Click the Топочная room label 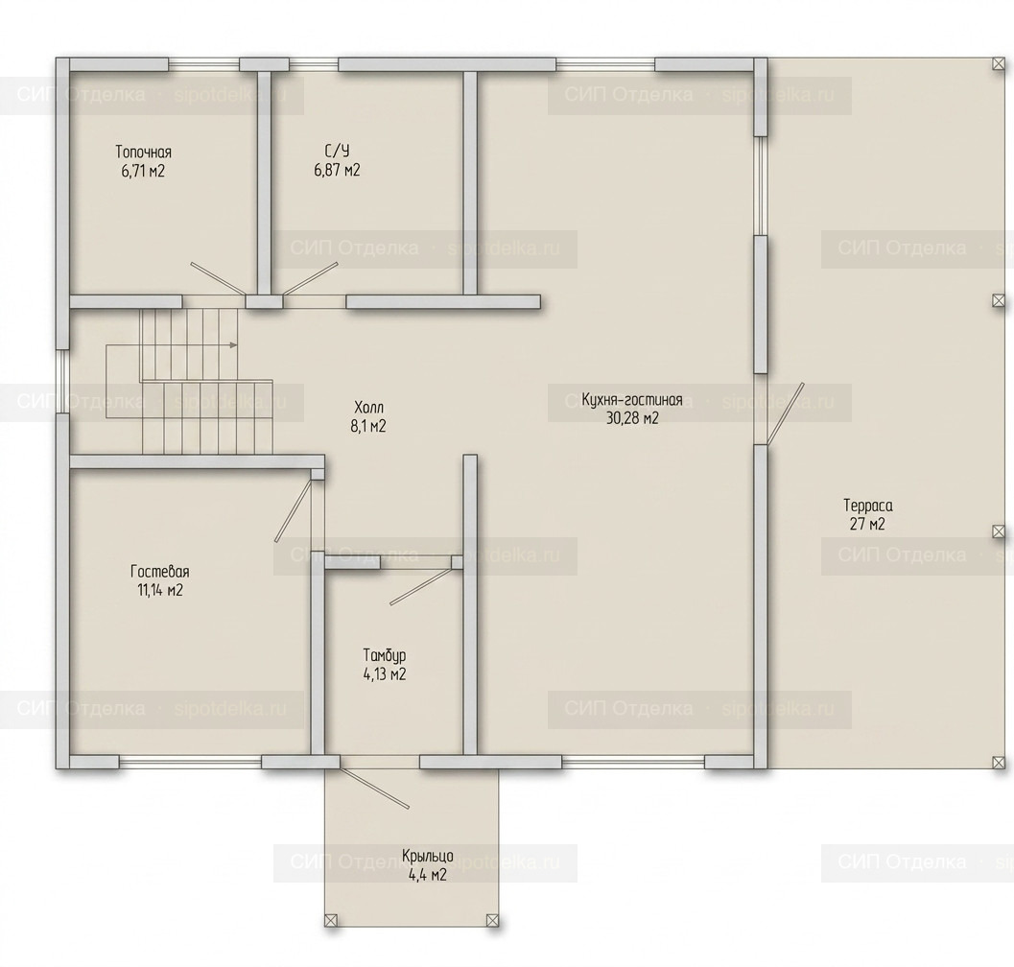pos(144,152)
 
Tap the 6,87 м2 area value pos(337,170)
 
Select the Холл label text pos(369,408)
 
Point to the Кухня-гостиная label pos(632,398)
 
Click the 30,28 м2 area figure pos(632,418)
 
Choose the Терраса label pos(868,505)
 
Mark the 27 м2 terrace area pos(867,524)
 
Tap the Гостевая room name pos(160,572)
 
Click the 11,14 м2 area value pos(160,590)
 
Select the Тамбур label pos(385,655)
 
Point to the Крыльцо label pos(428,857)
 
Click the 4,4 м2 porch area pos(428,876)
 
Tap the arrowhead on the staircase pos(233,344)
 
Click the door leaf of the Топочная pos(218,279)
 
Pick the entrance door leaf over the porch pos(374,789)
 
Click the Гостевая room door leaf pos(294,509)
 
